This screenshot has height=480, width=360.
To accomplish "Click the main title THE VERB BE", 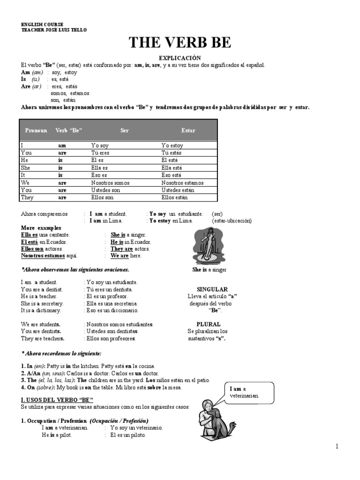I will (180, 43).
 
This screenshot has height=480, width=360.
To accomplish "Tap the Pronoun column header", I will (36, 130).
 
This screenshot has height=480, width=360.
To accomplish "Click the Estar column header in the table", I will (188, 130).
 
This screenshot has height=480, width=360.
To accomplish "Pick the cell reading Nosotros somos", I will (110, 183).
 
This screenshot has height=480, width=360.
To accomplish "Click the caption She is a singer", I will (209, 270).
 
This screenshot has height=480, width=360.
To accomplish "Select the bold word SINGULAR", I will (212, 289).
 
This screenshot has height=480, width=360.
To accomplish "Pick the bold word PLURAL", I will (209, 324).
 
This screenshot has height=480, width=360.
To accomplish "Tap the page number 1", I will (337, 446).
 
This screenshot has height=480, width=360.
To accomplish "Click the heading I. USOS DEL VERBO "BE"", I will (57, 399).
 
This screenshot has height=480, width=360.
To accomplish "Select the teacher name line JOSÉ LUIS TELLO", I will (54, 30).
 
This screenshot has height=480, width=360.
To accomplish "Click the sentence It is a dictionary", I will (41, 310).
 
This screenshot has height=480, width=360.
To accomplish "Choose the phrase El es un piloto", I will (128, 435).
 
